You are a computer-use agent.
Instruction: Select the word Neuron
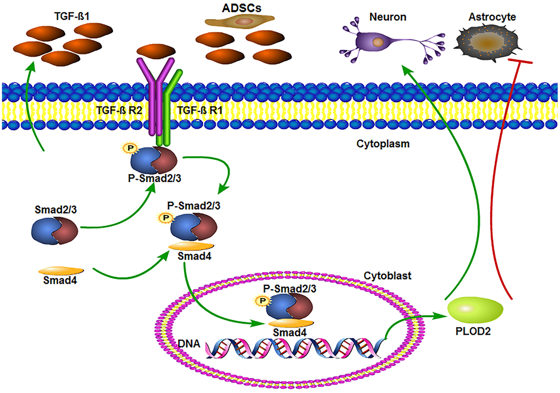388,17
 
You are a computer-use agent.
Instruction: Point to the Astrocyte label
492,17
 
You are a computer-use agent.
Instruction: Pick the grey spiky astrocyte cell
487,43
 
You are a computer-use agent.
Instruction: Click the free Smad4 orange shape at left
60,270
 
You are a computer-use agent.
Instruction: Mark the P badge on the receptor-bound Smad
130,149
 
